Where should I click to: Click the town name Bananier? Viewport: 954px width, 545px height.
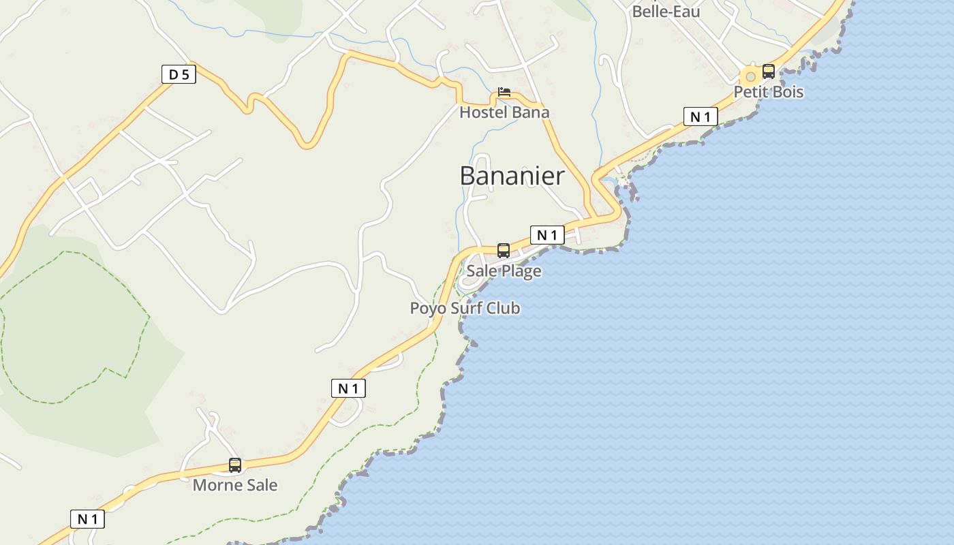[512, 176]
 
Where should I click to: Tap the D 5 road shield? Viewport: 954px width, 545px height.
[179, 74]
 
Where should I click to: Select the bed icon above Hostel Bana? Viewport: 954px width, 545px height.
[504, 92]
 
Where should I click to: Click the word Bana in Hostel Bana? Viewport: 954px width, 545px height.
[530, 112]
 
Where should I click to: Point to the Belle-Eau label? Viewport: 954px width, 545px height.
[666, 12]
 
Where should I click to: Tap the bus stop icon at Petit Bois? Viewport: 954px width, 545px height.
[769, 71]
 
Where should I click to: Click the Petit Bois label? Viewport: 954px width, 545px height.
[769, 92]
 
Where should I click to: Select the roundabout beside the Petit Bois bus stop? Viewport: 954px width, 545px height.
[751, 76]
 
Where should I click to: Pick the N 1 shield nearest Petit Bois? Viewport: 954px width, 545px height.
[701, 116]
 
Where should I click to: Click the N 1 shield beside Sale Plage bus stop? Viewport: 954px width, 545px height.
[547, 235]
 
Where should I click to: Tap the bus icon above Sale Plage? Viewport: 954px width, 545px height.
[504, 251]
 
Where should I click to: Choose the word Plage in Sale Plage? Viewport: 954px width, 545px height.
[522, 271]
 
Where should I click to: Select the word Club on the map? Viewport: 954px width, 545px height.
[505, 309]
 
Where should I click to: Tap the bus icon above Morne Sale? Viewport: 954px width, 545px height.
[235, 465]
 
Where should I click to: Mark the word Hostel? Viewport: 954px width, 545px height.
[483, 112]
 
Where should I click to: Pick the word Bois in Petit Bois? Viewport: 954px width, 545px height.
[788, 92]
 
